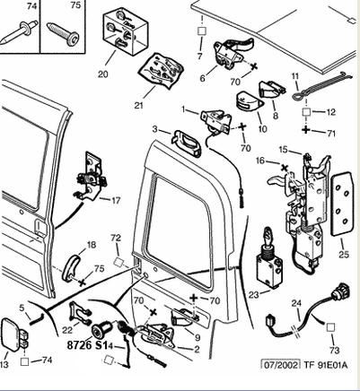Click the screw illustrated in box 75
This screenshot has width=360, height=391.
64,34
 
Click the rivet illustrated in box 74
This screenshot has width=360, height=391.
20,32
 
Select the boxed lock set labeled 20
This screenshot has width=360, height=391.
126,32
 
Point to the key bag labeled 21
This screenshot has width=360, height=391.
161,71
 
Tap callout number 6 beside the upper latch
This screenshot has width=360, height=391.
203,78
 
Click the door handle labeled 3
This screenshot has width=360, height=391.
187,143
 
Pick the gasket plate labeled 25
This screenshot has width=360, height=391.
341,204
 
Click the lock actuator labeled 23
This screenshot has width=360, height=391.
269,258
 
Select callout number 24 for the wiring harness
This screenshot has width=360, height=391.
296,303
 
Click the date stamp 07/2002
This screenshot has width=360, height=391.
280,365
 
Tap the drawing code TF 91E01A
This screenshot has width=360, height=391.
326,365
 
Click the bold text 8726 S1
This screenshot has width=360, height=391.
87,345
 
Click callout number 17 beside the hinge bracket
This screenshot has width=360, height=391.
116,200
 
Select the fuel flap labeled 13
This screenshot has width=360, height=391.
14,335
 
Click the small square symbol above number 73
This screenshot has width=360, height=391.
330,327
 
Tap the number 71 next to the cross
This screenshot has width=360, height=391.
331,134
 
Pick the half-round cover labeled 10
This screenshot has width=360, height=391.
250,101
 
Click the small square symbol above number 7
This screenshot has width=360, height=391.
202,31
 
